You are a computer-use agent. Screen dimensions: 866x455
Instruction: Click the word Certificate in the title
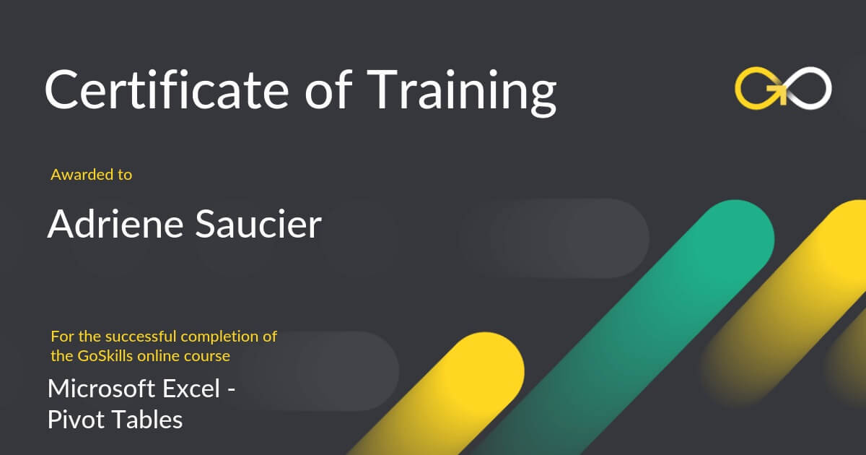tap(167, 90)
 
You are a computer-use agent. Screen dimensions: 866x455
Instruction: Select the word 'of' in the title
tap(328, 90)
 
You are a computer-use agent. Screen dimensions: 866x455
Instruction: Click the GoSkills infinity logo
tap(783, 88)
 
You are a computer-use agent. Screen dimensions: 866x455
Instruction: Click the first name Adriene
tap(115, 224)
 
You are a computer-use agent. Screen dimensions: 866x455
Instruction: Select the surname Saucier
tap(258, 224)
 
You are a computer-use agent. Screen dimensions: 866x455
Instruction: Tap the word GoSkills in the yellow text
tap(105, 356)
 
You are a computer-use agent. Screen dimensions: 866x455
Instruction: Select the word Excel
tap(191, 389)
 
